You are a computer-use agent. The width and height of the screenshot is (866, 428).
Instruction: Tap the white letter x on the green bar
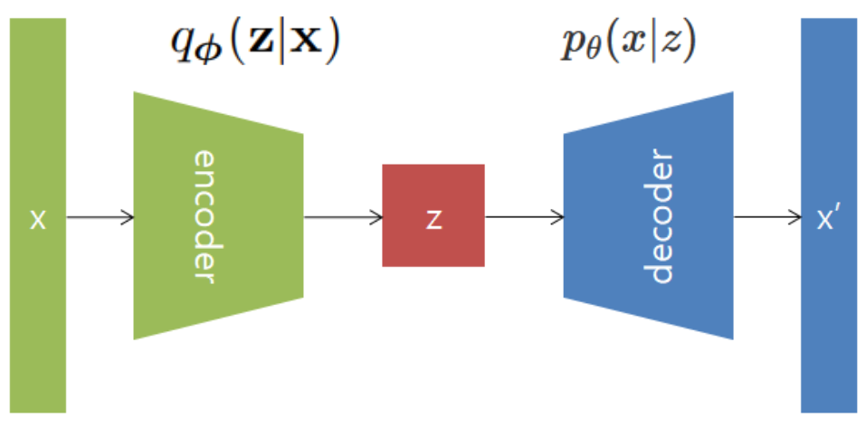point(37,220)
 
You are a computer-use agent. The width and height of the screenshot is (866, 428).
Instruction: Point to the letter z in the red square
point(434,220)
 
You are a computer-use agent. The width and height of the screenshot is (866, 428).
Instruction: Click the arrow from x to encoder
point(100,217)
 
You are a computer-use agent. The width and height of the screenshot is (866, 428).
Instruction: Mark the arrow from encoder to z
point(342,217)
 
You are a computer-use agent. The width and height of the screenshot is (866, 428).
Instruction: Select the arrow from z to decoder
point(524,217)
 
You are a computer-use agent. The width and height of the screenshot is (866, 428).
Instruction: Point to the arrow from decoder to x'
point(766,217)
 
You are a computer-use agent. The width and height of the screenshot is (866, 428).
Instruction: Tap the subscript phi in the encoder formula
point(201,51)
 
